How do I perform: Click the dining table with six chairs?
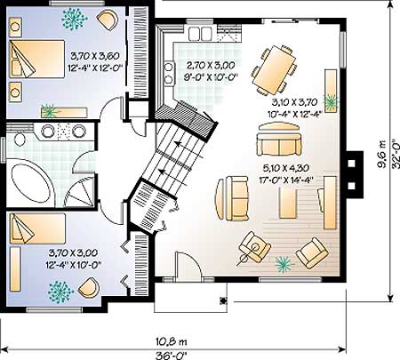click(275, 69)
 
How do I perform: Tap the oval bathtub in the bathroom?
click(31, 184)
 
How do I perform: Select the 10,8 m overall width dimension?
click(172, 342)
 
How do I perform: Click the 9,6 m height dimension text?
click(382, 154)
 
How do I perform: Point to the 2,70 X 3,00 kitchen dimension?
click(210, 65)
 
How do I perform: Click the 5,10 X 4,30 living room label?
click(286, 168)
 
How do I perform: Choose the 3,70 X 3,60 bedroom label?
click(95, 56)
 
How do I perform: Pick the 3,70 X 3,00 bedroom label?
click(73, 253)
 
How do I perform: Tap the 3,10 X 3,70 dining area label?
click(294, 102)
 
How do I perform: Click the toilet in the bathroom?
click(20, 138)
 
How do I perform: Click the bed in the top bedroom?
click(36, 59)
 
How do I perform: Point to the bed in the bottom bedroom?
click(37, 228)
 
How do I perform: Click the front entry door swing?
click(188, 264)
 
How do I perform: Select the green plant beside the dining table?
click(330, 102)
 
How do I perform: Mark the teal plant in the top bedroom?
click(74, 19)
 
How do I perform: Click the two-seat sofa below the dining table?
click(279, 140)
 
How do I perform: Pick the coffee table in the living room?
click(288, 204)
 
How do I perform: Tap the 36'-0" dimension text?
click(172, 355)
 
